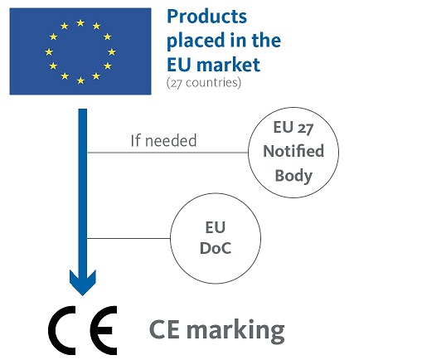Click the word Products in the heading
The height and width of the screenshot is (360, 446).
point(206,17)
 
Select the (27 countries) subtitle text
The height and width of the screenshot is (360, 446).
point(204,83)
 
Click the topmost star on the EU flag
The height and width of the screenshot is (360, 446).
point(80,22)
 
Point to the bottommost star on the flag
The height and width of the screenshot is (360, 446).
point(80,80)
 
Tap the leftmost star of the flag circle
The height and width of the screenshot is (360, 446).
point(49,51)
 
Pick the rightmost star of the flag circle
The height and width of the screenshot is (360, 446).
point(112,51)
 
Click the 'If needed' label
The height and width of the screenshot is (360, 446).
point(163,140)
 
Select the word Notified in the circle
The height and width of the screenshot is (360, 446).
point(293,151)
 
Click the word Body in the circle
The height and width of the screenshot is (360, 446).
point(293,176)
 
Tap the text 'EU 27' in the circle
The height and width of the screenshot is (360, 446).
point(293,127)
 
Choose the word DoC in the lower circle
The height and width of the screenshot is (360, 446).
point(216,248)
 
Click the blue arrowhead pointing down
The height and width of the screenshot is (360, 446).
point(83,282)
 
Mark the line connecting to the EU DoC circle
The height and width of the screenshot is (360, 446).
point(128,238)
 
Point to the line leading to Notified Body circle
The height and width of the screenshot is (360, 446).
point(167,153)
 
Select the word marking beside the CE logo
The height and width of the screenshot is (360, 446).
point(235,331)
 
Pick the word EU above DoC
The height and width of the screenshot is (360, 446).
point(216,227)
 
